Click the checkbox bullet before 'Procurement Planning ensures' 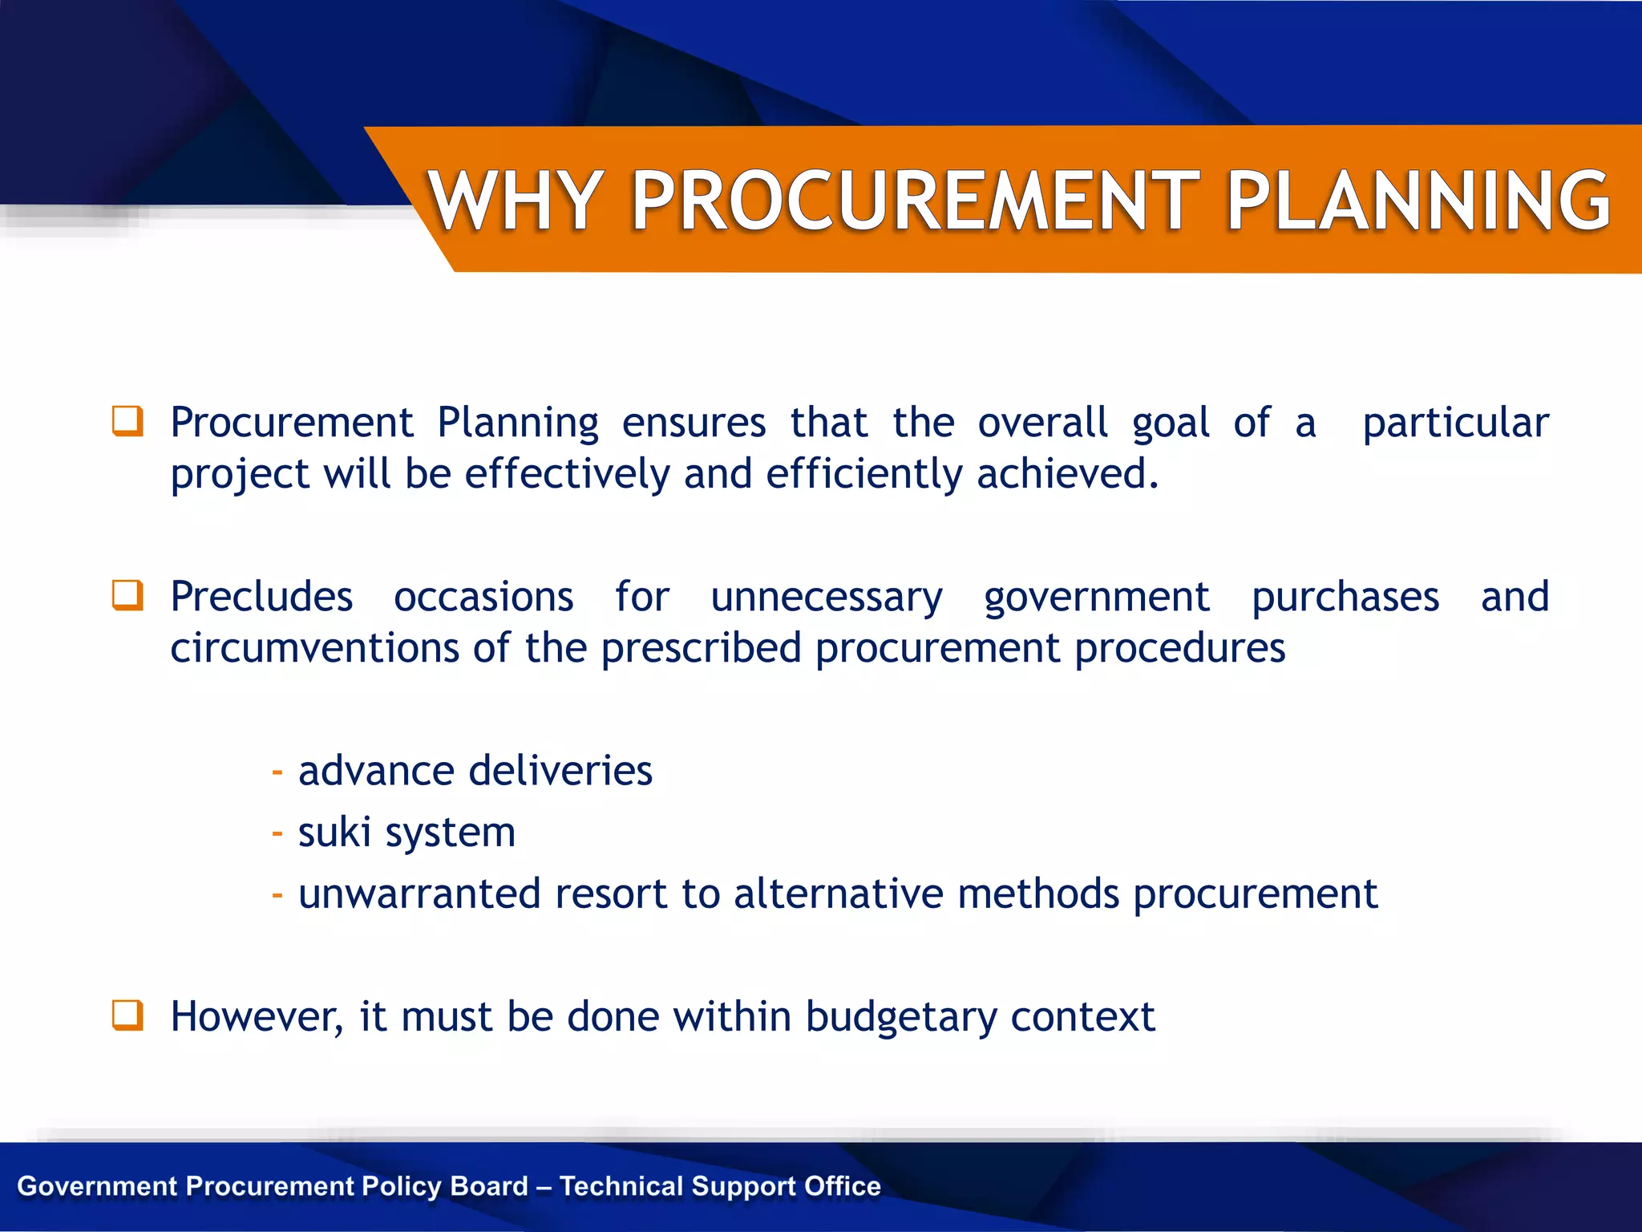pyautogui.click(x=127, y=421)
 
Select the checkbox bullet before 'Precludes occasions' pyautogui.click(x=127, y=595)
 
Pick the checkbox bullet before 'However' pyautogui.click(x=127, y=1015)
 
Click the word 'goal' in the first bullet pyautogui.click(x=1171, y=423)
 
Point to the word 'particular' pyautogui.click(x=1455, y=423)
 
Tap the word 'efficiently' pyautogui.click(x=863, y=474)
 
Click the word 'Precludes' pyautogui.click(x=261, y=597)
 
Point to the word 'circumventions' pyautogui.click(x=314, y=648)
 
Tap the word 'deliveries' pyautogui.click(x=560, y=771)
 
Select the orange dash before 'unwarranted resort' pyautogui.click(x=277, y=894)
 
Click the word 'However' pyautogui.click(x=257, y=1017)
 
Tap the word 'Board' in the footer pyautogui.click(x=489, y=1186)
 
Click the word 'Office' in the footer pyautogui.click(x=842, y=1186)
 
